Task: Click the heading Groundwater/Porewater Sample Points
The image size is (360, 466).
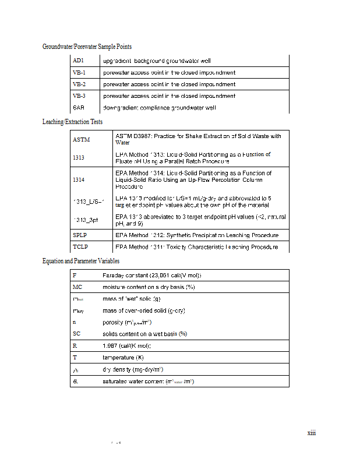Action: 87,47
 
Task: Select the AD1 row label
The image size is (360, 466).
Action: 79,61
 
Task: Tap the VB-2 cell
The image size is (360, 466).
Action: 79,84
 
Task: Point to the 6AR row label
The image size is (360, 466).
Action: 79,108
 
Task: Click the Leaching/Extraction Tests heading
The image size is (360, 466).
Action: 72,122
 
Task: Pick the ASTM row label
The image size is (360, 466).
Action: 81,140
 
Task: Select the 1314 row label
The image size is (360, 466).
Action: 79,180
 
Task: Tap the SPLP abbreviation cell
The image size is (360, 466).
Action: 80,235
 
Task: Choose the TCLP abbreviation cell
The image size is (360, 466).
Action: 80,248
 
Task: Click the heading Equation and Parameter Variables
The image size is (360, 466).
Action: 81,261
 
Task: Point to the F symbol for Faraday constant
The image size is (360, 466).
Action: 75,275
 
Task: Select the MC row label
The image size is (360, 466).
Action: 77,287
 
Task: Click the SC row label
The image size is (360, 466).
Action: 77,334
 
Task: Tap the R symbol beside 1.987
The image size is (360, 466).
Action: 75,346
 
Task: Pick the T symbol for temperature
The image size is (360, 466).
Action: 75,358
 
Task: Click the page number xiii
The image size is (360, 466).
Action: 311,433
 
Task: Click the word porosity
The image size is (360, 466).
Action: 112,322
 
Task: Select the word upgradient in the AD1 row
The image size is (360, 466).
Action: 117,61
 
